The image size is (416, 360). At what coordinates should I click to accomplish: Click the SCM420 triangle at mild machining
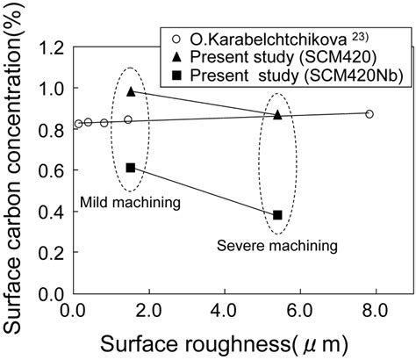coord(131,91)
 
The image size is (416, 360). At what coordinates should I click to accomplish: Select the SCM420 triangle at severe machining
coord(278,114)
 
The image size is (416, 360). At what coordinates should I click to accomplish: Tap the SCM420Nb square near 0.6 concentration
coord(131,168)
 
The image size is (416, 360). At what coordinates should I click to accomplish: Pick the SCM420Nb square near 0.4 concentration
coord(277,215)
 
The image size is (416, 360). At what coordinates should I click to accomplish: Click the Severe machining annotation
coord(277,248)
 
